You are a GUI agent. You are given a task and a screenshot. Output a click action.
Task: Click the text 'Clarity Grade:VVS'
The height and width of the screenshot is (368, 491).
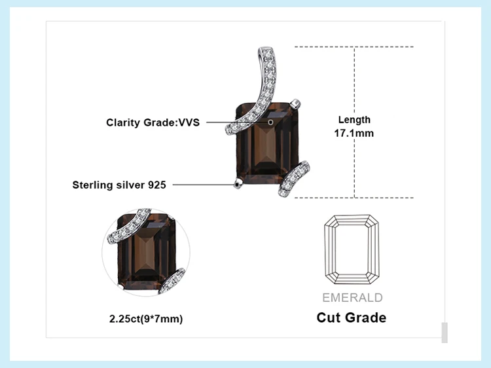pyautogui.click(x=153, y=122)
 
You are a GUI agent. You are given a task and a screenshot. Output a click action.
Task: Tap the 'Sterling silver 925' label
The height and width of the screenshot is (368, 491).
pyautogui.click(x=119, y=185)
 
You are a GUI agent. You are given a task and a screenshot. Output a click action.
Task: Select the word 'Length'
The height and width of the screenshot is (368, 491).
pyautogui.click(x=354, y=120)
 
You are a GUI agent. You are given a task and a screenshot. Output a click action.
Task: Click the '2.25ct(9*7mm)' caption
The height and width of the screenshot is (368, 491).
pyautogui.click(x=146, y=320)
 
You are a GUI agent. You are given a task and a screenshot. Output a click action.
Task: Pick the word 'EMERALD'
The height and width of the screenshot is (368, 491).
pyautogui.click(x=352, y=298)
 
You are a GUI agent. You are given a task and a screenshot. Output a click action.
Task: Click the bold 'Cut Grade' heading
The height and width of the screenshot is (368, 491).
pyautogui.click(x=352, y=318)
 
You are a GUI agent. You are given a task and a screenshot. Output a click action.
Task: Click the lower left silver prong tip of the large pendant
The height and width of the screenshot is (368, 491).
pyautogui.click(x=237, y=185)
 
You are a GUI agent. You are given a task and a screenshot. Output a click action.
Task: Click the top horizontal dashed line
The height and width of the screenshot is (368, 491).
pyautogui.click(x=354, y=46)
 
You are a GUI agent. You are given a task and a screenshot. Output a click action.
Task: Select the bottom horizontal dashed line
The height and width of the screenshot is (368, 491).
pyautogui.click(x=354, y=198)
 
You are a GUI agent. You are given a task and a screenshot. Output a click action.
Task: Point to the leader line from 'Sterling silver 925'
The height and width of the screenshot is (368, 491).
pyautogui.click(x=203, y=185)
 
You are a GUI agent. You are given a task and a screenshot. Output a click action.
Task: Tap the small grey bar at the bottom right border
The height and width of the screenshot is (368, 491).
pyautogui.click(x=445, y=333)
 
